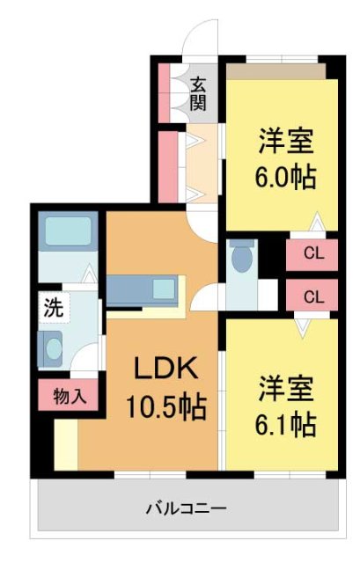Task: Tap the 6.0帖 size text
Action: pyautogui.click(x=287, y=175)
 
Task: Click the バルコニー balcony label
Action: pyautogui.click(x=186, y=508)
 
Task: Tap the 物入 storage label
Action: pyautogui.click(x=69, y=397)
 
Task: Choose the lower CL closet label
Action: pyautogui.click(x=312, y=296)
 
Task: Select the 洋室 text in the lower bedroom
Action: pyautogui.click(x=287, y=388)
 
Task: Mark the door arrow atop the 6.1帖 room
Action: pyautogui.click(x=302, y=325)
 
